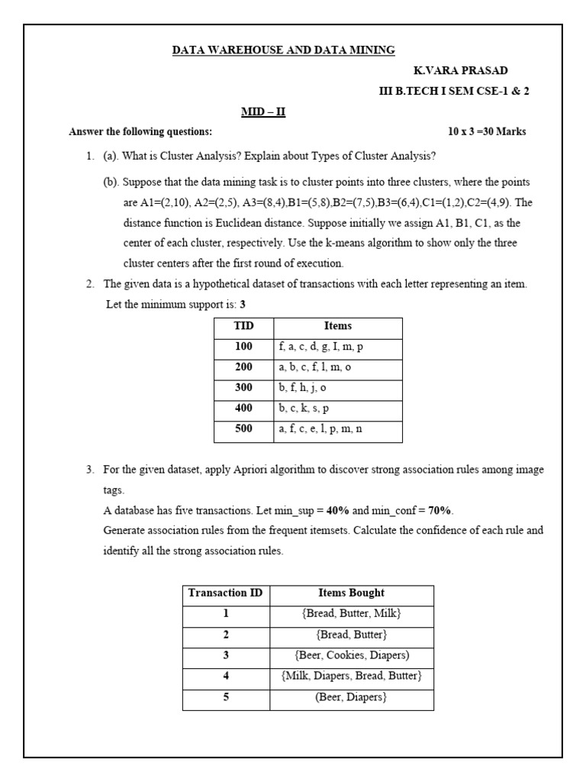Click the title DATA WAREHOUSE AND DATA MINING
[284, 50]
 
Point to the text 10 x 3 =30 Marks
[487, 131]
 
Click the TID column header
[243, 326]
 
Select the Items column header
[338, 326]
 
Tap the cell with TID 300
[243, 388]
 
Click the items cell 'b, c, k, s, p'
[304, 409]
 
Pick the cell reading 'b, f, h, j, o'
[303, 388]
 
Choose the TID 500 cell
[243, 429]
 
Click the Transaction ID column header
[226, 593]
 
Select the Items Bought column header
[351, 593]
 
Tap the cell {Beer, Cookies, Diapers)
[351, 655]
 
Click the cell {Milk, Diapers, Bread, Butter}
[351, 676]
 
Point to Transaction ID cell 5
[226, 696]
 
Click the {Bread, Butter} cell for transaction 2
[351, 635]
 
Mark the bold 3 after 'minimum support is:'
[243, 304]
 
